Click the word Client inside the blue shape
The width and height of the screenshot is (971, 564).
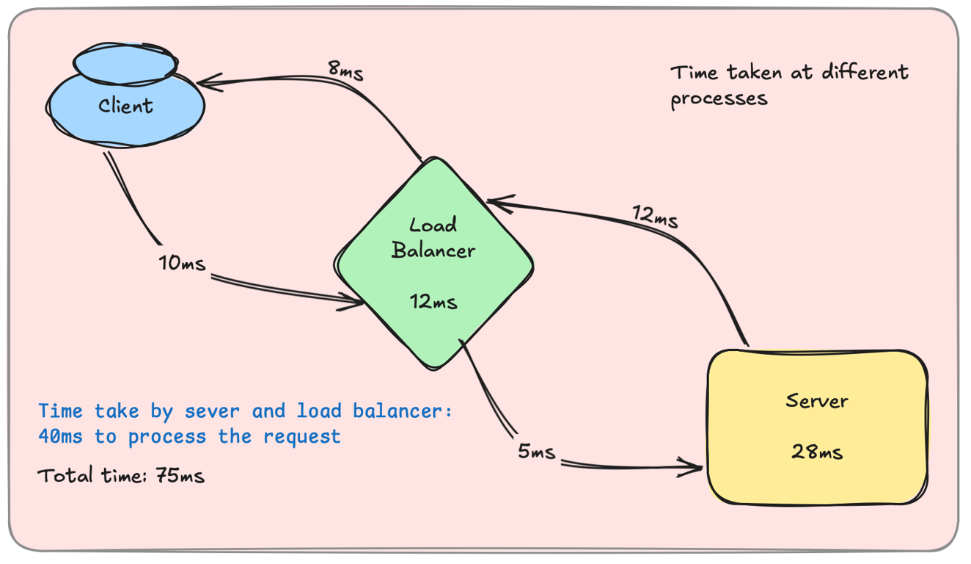[x=126, y=106]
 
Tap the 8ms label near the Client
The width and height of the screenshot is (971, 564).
[x=345, y=70]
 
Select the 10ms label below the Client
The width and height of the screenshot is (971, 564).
[x=182, y=263]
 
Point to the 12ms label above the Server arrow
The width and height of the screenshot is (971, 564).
[x=655, y=217]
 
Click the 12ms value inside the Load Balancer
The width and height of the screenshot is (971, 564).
[x=433, y=301]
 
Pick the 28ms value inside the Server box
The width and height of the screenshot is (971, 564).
[x=816, y=452]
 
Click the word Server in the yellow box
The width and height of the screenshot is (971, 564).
[x=816, y=401]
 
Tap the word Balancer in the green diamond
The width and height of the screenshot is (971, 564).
[x=433, y=250]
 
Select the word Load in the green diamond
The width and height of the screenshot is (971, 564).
[x=433, y=224]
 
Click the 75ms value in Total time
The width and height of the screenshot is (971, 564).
[x=180, y=476]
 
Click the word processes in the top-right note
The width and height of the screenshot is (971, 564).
[x=719, y=98]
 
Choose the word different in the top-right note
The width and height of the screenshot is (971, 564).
[x=865, y=72]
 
